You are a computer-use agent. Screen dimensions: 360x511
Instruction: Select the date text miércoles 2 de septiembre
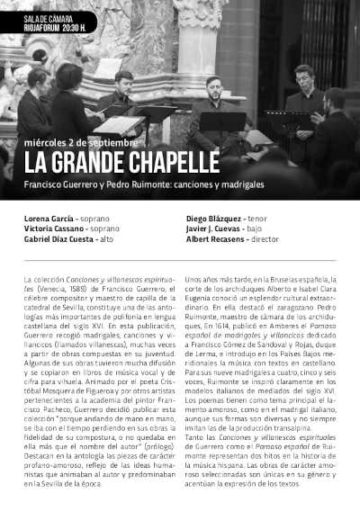(81, 142)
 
